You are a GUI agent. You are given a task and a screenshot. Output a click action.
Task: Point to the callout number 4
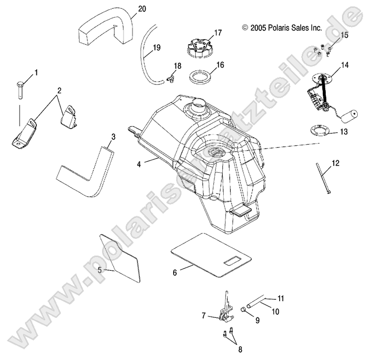139,165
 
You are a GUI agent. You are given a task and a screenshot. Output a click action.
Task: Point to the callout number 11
281,298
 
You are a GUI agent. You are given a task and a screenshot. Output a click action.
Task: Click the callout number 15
343,35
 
